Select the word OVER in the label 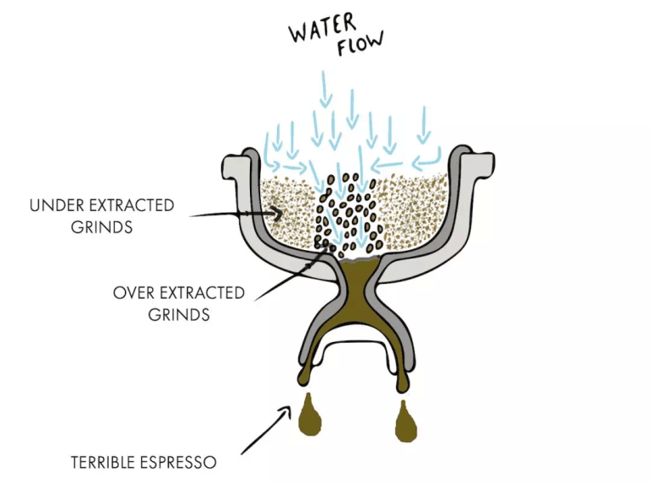pyautogui.click(x=133, y=293)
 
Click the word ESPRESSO pyautogui.click(x=179, y=463)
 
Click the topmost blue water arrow pyautogui.click(x=325, y=90)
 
